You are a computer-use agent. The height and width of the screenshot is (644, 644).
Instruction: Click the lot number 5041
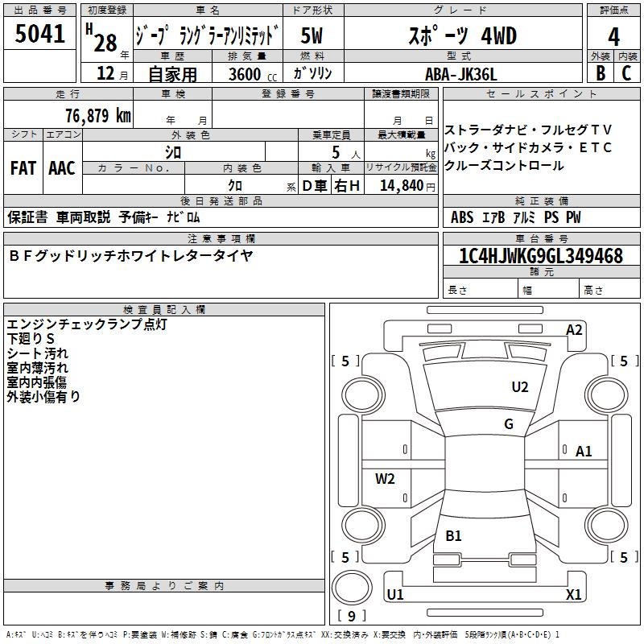tap(39, 34)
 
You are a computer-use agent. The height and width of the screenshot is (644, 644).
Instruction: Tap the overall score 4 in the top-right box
tap(613, 37)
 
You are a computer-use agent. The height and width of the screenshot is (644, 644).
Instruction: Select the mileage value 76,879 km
tap(98, 116)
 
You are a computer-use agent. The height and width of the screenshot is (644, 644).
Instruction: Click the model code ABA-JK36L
tap(460, 74)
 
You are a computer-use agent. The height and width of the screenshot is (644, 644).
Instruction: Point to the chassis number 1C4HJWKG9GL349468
tap(541, 256)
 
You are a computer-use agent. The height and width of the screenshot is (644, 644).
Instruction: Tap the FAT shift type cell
tap(23, 168)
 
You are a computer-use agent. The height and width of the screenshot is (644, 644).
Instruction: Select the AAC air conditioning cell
tap(62, 168)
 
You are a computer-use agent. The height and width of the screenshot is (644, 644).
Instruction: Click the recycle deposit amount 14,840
tap(402, 186)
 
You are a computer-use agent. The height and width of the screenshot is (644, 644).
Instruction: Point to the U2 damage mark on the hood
tap(519, 387)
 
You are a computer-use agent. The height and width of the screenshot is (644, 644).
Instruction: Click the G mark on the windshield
tap(509, 423)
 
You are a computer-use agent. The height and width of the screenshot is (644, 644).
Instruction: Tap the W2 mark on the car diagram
tap(385, 478)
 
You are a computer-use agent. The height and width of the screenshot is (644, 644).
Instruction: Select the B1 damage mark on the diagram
tap(453, 535)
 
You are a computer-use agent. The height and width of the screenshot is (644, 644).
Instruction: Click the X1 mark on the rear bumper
tap(573, 594)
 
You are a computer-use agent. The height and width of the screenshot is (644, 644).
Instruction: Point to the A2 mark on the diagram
tap(574, 330)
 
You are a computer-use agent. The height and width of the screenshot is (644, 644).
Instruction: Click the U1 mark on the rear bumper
tap(395, 594)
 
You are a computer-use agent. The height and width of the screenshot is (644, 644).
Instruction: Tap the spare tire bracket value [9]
tap(352, 616)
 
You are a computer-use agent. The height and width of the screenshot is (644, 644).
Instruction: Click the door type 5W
tap(312, 35)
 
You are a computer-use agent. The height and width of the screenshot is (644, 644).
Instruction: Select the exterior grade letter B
tap(601, 73)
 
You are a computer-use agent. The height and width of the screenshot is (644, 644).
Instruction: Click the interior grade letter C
tap(626, 73)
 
